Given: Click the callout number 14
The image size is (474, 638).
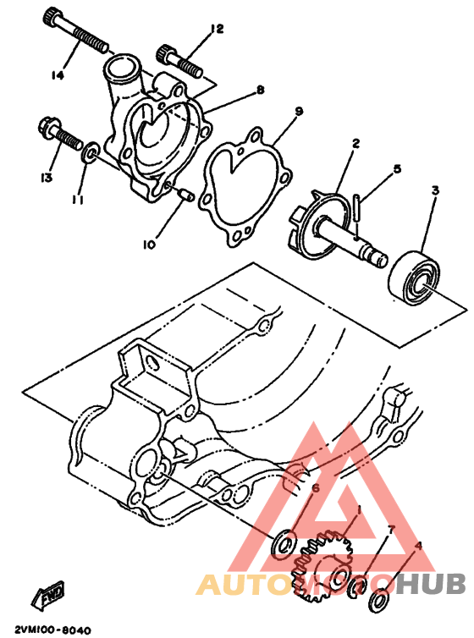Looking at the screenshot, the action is [58, 75].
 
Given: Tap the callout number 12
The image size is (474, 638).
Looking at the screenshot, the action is [217, 29].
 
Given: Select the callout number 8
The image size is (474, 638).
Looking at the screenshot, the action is [260, 90].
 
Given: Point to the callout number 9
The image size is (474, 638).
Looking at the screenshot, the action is [299, 111].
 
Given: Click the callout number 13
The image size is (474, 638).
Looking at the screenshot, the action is [46, 178].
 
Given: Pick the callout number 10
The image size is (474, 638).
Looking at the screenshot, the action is [149, 245].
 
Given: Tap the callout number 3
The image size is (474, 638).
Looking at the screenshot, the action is [435, 190].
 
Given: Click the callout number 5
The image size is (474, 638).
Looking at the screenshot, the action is [397, 168].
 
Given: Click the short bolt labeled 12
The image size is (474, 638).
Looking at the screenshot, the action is [179, 62].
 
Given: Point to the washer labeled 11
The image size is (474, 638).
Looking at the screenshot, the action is [91, 152].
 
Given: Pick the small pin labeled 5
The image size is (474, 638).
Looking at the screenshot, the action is [357, 208].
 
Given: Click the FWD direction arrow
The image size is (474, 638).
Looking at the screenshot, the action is [48, 595].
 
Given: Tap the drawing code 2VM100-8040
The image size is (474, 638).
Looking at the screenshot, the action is [52, 630].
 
